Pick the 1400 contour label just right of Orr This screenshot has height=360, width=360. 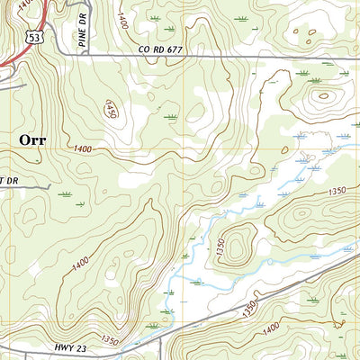tap(83, 148)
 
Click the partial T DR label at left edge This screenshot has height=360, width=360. tap(9, 180)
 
